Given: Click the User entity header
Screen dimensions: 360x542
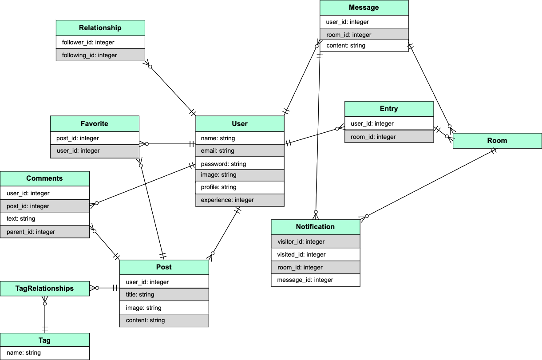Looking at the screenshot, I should tap(240, 124).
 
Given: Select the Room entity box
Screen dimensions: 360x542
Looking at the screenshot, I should tap(497, 141).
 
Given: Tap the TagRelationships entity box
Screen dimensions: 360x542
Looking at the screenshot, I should tap(44, 289).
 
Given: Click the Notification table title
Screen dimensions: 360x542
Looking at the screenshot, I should tap(315, 227).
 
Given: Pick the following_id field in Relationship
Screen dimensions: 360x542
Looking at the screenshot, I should tap(100, 55).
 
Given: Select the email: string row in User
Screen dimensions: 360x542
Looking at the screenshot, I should tap(240, 151).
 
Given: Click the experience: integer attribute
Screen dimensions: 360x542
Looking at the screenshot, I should tap(240, 200).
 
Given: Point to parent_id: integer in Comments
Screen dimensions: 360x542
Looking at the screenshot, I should tap(44, 232).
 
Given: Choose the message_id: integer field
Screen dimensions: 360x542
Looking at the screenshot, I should tap(315, 280).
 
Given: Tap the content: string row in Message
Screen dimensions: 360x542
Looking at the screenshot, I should tap(364, 46).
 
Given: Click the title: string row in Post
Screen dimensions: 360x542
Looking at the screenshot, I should tap(164, 294).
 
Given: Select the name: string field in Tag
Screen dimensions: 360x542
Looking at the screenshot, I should tap(44, 353).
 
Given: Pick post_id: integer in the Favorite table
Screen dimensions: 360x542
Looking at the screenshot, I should tap(95, 138).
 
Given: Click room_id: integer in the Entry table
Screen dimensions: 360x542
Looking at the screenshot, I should tap(389, 137).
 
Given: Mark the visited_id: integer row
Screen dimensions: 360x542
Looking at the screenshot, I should tap(315, 255).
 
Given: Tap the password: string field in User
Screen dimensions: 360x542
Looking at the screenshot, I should tap(240, 164).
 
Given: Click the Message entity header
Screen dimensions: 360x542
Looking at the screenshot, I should tap(364, 8).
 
